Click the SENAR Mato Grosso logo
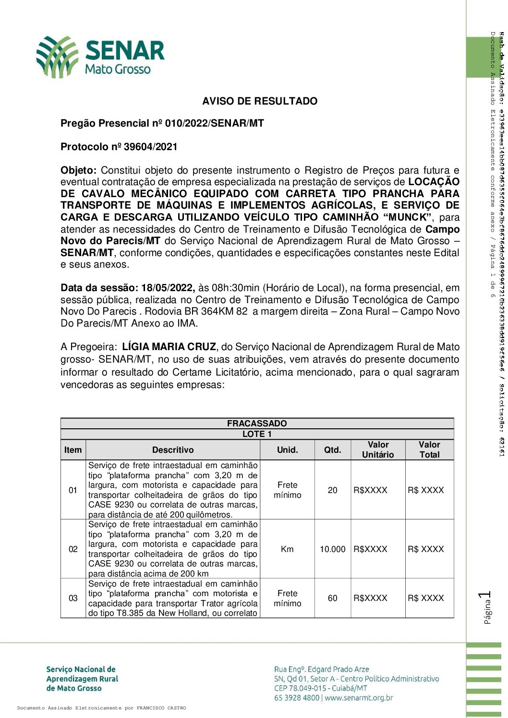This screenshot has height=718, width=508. click(101, 57)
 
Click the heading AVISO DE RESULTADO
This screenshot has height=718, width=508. click(260, 101)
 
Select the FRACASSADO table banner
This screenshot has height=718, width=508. click(257, 424)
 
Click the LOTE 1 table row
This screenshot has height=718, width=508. click(257, 434)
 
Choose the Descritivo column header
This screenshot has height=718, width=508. click(173, 450)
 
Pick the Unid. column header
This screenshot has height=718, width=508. click(287, 450)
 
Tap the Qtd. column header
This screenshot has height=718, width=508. click(332, 450)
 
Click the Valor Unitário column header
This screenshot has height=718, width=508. click(378, 450)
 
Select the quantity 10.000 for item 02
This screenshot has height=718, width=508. click(332, 549)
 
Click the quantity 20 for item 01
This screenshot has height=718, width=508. click(332, 490)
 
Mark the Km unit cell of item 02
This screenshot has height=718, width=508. click(287, 549)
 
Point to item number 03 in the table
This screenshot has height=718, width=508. click(73, 598)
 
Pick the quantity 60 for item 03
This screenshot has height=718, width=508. click(332, 598)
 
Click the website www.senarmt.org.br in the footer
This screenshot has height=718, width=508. click(359, 698)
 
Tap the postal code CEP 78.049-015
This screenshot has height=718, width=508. click(301, 688)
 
